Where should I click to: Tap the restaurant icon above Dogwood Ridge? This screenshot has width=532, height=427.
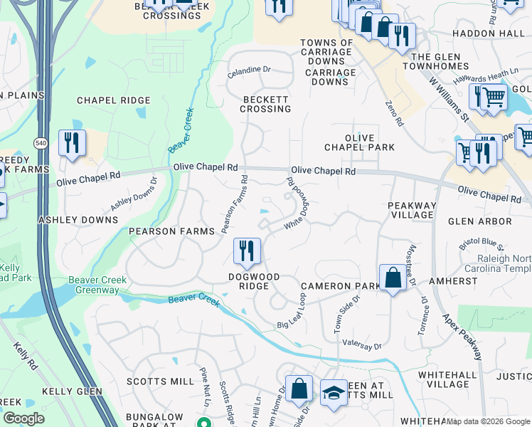point(247,250)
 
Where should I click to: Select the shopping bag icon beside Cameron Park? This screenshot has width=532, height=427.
point(393,278)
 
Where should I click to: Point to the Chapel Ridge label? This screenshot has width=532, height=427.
point(114,101)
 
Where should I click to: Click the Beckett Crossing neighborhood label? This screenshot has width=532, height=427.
point(265,104)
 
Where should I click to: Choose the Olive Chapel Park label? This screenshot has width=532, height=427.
point(359,142)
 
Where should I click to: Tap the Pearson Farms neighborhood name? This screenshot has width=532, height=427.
point(171,232)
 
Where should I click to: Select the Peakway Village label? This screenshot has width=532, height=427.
point(411,210)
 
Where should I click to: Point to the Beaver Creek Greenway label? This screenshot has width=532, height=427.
point(97,285)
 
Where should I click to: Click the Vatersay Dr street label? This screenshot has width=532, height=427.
point(362,345)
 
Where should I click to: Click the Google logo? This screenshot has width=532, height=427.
point(23,418)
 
